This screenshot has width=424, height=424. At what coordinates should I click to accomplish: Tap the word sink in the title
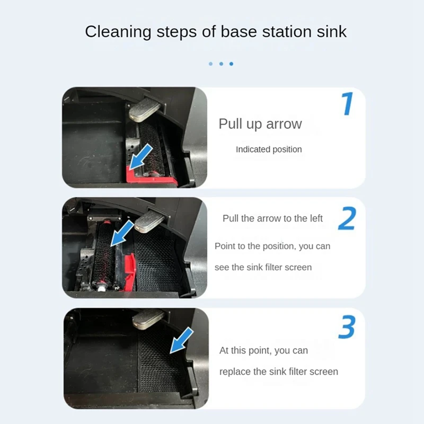point(332,31)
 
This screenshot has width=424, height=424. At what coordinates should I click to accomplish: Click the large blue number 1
point(347,104)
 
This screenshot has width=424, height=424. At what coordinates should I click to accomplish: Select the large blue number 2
point(347,219)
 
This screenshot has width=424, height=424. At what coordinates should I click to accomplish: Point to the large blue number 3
point(347,328)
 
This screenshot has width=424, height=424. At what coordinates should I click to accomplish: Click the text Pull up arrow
point(260,124)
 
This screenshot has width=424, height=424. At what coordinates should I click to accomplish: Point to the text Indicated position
point(269,149)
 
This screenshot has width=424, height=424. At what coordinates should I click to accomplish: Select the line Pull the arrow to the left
point(272,218)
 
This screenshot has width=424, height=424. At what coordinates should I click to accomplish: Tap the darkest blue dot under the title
point(231,64)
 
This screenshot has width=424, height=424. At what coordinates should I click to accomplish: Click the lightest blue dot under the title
point(210,64)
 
